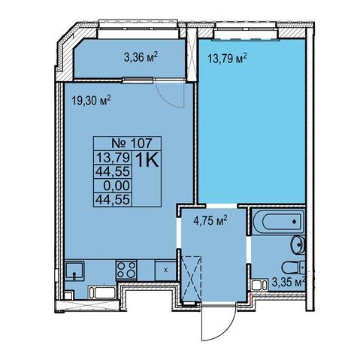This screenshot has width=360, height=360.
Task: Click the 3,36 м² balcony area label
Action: click(x=141, y=57)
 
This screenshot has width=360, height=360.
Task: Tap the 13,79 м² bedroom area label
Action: click(x=227, y=59)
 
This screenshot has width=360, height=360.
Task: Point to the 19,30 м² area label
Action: click(x=91, y=101)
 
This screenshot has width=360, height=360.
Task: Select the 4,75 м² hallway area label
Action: click(x=210, y=220)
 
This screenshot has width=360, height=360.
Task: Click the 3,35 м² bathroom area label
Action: click(x=289, y=283)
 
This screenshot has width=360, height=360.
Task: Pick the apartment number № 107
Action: click(x=132, y=144)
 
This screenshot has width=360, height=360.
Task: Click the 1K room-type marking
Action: click(x=147, y=160)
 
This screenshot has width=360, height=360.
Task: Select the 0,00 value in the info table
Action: click(x=116, y=186)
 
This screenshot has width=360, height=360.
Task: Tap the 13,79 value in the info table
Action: click(x=113, y=158)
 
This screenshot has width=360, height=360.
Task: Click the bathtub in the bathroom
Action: click(x=278, y=222)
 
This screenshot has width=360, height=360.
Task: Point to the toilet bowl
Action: click(x=293, y=268)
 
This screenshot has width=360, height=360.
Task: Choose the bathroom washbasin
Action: click(x=298, y=244)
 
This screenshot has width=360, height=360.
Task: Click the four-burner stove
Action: click(x=126, y=270)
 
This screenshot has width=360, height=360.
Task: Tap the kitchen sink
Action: click(x=74, y=271)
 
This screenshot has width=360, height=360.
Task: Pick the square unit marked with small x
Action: click(x=165, y=271)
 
